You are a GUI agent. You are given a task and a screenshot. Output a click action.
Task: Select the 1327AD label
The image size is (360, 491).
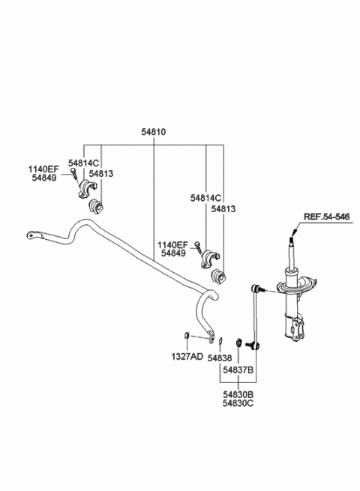click(x=186, y=356)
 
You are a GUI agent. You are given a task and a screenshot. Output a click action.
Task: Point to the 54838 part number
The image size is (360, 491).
click(x=220, y=358)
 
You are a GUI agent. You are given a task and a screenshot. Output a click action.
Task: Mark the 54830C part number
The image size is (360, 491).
click(x=235, y=402)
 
